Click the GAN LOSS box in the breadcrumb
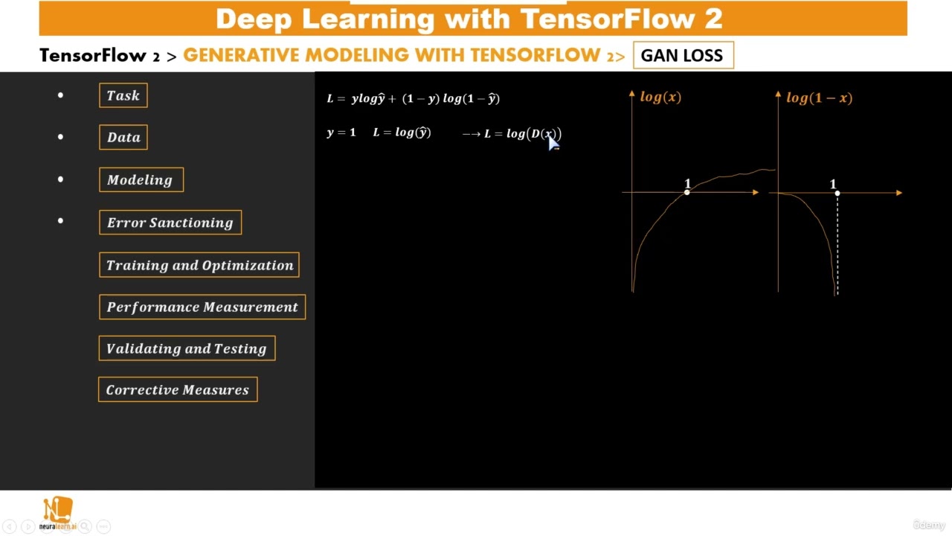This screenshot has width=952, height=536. point(683,56)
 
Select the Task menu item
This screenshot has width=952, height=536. point(123,95)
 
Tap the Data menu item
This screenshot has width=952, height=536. point(123,137)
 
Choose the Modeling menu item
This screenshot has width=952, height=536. point(141,179)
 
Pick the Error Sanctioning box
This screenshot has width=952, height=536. point(170,223)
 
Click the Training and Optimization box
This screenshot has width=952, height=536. point(199,265)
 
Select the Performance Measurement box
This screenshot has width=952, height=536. point(202,307)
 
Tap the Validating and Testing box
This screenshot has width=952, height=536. point(187,348)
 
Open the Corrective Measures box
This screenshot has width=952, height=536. point(178,390)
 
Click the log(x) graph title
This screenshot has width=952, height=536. point(660,97)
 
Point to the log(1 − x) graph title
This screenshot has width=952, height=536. point(819,98)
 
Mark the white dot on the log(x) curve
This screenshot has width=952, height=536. point(687,193)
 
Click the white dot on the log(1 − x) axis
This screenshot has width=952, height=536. point(837,194)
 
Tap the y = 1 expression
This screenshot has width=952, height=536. point(341,133)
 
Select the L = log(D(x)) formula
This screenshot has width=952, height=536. point(522,134)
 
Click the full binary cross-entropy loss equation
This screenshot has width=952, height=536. point(414,98)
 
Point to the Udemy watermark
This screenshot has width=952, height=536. point(929,525)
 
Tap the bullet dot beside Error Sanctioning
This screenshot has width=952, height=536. point(60,221)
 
